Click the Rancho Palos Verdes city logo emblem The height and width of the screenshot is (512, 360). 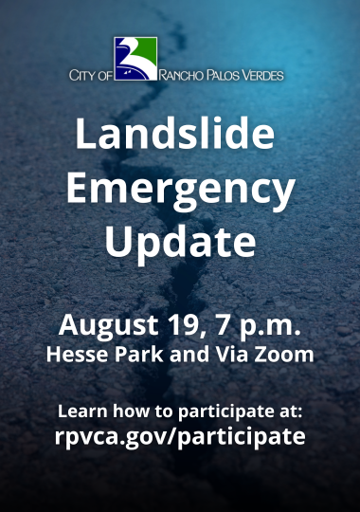click(x=135, y=58)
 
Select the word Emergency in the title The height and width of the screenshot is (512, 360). click(x=180, y=190)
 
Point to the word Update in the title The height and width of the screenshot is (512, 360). click(x=180, y=241)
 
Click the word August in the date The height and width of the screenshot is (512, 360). click(x=103, y=326)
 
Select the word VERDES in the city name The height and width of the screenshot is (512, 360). click(x=262, y=74)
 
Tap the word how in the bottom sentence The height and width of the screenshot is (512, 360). click(x=127, y=412)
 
